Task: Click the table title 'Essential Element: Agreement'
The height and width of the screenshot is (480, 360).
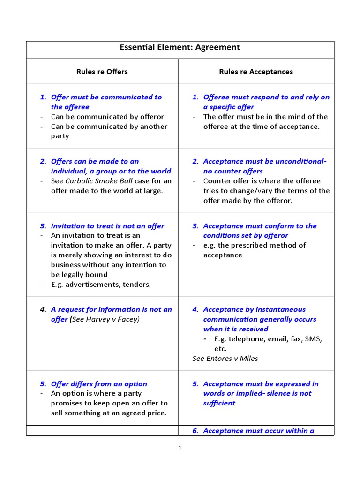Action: coord(180,47)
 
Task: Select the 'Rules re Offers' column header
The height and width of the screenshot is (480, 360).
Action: coord(102,72)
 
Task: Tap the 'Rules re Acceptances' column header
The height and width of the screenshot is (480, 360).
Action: coord(256,72)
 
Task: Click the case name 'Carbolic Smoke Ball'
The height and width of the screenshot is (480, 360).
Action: coord(99,181)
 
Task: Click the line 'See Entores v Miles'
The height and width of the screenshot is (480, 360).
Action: coord(225,359)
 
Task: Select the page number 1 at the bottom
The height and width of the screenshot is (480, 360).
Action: coord(180,448)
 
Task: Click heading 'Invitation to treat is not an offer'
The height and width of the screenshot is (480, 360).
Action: coord(107,226)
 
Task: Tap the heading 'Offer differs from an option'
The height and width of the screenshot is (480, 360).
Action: coord(99,384)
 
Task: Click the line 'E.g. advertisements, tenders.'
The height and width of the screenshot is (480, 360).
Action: coord(101,285)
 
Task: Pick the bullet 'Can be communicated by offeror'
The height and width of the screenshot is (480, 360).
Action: coord(107,117)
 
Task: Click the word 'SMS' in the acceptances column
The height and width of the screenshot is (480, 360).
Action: coord(314,339)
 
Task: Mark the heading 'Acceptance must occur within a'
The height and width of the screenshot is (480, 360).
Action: coord(258,431)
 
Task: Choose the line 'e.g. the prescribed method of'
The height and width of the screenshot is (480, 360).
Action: coord(254,245)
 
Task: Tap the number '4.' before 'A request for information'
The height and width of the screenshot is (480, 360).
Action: coord(43,309)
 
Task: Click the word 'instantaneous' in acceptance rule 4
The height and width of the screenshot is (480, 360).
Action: coord(281,309)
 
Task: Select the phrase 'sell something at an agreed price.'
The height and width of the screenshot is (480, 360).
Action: coord(109,413)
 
